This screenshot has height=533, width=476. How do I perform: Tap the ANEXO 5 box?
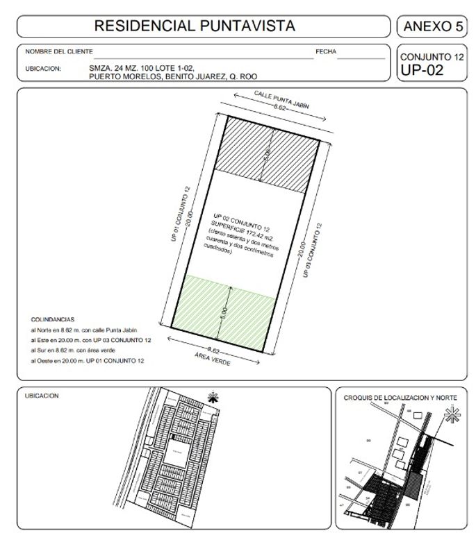pos(431,27)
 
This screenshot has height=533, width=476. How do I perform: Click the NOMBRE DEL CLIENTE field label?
pos(58,52)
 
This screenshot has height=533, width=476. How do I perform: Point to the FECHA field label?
pos(326,52)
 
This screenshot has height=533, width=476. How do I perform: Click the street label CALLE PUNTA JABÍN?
pos(277,99)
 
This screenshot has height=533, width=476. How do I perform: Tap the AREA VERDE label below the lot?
pos(211,359)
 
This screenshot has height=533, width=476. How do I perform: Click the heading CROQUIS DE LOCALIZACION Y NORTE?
pos(400,398)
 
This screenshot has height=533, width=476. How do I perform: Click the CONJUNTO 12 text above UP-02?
pos(431,56)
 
